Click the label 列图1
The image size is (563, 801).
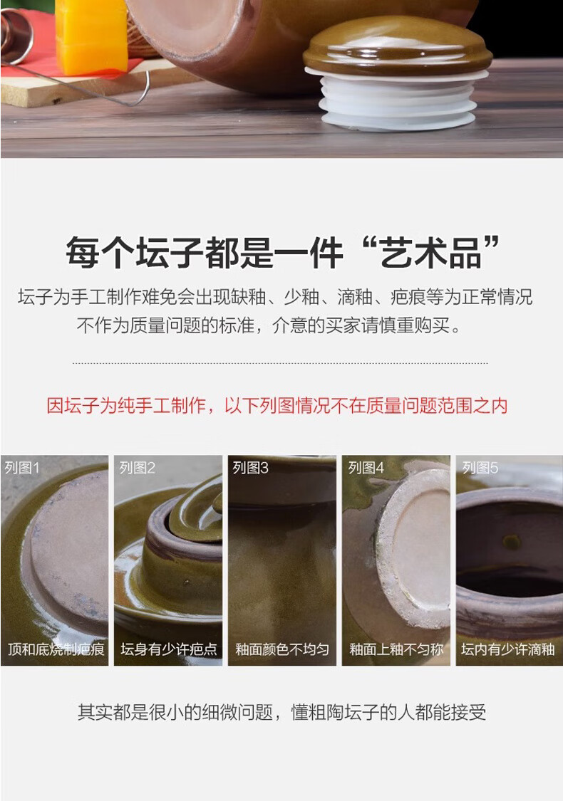[22, 467]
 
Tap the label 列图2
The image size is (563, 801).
[137, 467]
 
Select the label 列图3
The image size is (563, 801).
[250, 467]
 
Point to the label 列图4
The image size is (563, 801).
[366, 467]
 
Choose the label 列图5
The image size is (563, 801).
[480, 467]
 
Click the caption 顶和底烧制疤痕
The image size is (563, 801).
[56, 649]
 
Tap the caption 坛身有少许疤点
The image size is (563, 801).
[169, 649]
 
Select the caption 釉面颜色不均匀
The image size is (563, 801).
[282, 649]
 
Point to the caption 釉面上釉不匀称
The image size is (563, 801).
[396, 649]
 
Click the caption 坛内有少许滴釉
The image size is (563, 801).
[508, 649]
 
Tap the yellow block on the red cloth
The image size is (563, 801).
[91, 36]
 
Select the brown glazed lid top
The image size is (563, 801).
[398, 47]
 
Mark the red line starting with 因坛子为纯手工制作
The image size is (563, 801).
[277, 406]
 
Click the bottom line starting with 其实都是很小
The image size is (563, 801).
[281, 712]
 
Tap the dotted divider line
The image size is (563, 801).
[280, 363]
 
